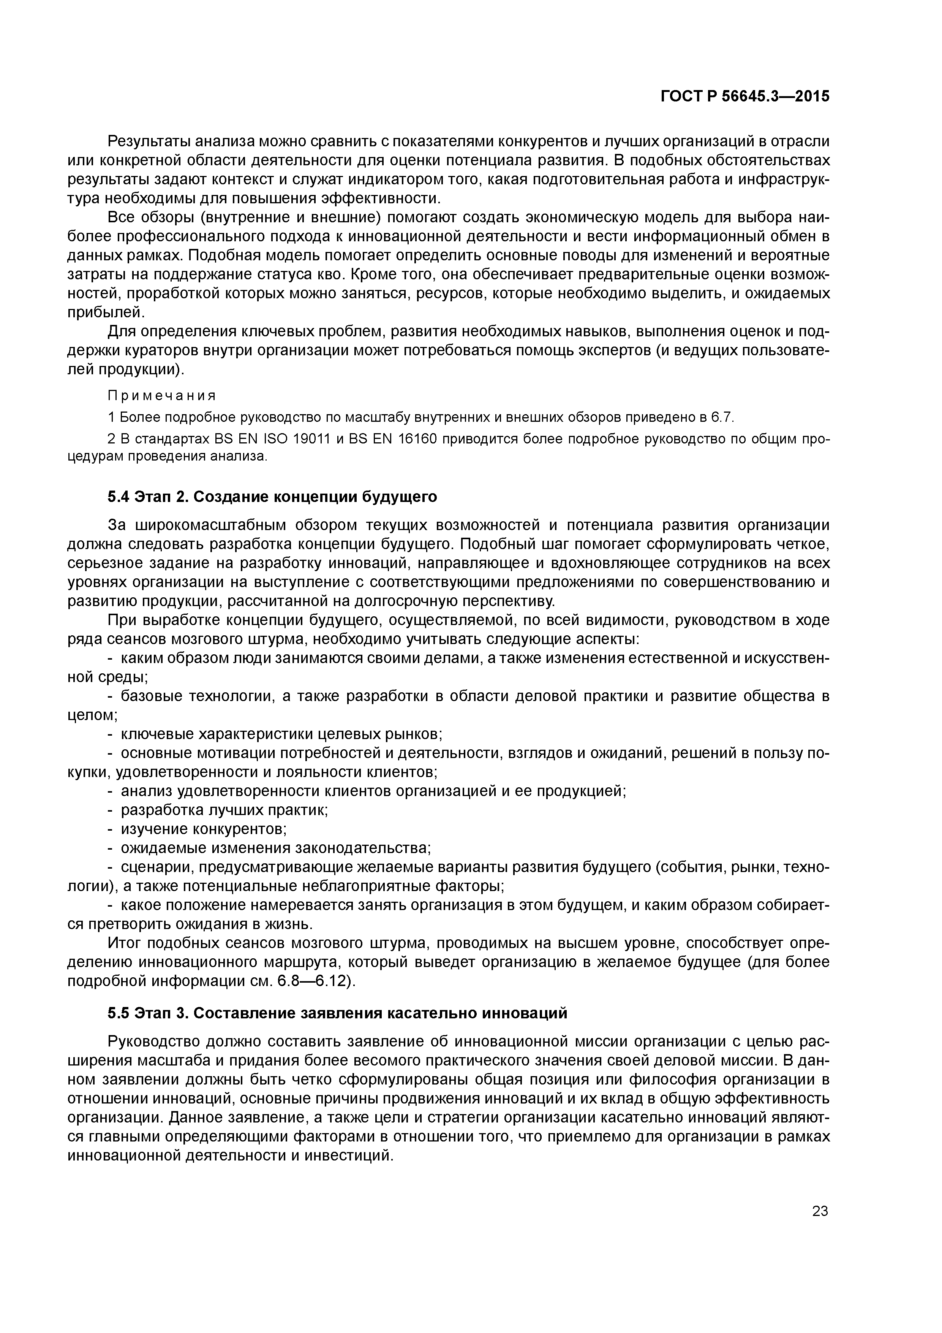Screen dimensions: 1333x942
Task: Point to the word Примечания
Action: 162,396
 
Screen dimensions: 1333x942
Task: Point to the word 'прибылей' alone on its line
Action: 105,312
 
